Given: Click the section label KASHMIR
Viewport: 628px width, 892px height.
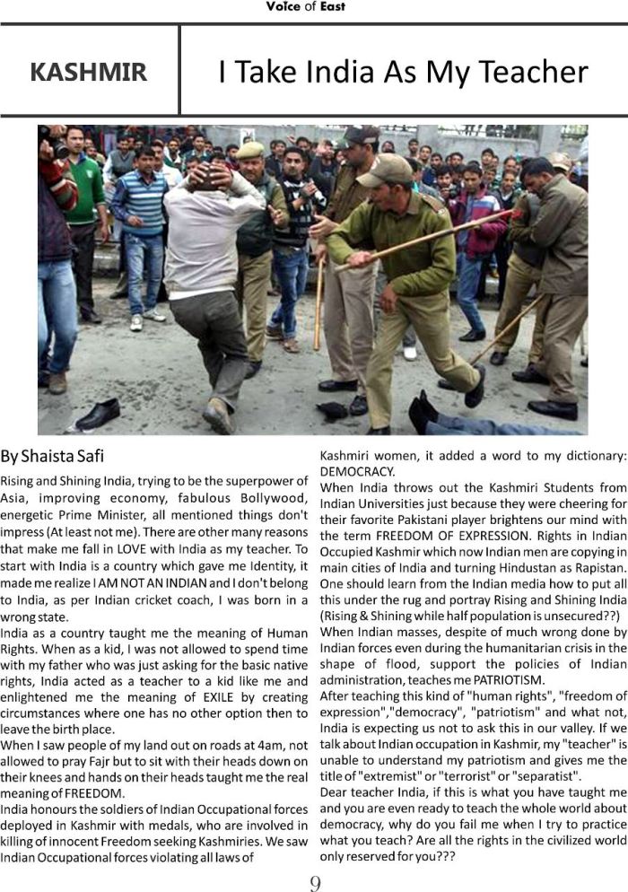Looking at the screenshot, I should (88, 73).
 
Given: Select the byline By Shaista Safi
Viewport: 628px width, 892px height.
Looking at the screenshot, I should (57, 456).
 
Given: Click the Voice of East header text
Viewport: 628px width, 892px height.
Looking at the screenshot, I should (305, 7).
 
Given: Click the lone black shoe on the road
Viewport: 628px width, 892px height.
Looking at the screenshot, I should (98, 414).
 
